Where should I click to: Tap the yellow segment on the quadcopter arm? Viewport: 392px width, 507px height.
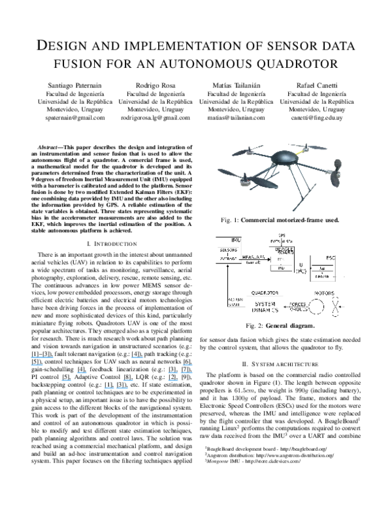tap(301, 152)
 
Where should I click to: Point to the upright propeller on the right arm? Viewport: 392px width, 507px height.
tap(338, 172)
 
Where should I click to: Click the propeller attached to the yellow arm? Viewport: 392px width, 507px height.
tap(308, 146)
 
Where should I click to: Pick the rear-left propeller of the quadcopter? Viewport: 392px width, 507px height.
tap(247, 152)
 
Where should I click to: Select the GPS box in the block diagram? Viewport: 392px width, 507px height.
tap(282, 235)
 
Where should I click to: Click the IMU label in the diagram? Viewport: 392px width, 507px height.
tap(236, 240)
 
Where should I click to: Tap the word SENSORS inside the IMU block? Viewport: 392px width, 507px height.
tap(228, 249)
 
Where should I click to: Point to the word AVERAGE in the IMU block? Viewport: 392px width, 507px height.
tap(228, 259)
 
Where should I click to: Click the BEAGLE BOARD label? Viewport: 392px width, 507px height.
tap(284, 250)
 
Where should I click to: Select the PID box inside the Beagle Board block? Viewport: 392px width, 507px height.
tap(282, 268)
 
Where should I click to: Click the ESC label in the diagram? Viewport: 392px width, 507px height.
tap(330, 258)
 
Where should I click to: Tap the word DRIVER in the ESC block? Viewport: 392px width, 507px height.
tap(322, 277)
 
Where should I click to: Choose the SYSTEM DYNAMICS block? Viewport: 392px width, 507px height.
tap(265, 307)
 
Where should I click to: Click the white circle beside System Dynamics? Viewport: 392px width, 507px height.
tap(316, 306)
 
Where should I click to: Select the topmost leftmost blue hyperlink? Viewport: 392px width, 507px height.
tap(42, 357)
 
